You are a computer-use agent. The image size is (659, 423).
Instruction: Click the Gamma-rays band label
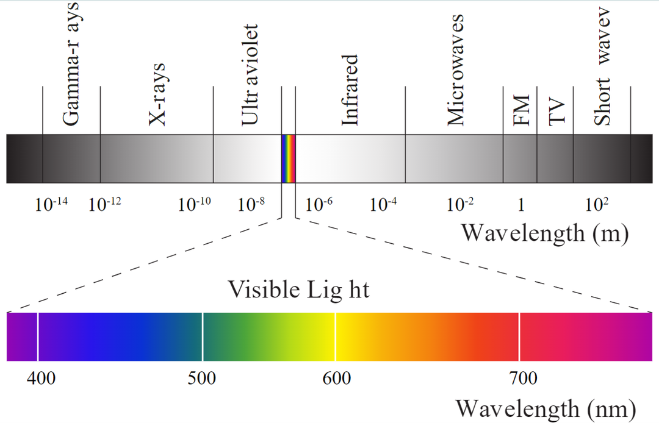point(72,63)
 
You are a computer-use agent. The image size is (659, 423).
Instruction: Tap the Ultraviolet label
point(250,76)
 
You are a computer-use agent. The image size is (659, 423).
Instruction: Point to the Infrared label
point(349,90)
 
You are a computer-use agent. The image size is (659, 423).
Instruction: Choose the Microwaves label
point(456,69)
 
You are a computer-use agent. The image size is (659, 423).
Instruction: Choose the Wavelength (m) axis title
point(544,233)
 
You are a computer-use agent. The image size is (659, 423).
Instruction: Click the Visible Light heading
point(298,290)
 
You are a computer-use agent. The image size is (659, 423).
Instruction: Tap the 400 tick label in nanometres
point(41,379)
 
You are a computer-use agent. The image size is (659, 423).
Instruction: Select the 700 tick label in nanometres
point(524,379)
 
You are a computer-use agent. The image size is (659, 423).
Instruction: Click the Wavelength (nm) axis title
point(546,408)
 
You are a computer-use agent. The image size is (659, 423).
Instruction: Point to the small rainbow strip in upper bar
point(288,158)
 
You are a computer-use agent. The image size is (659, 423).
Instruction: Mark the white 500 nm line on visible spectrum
point(203,336)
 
